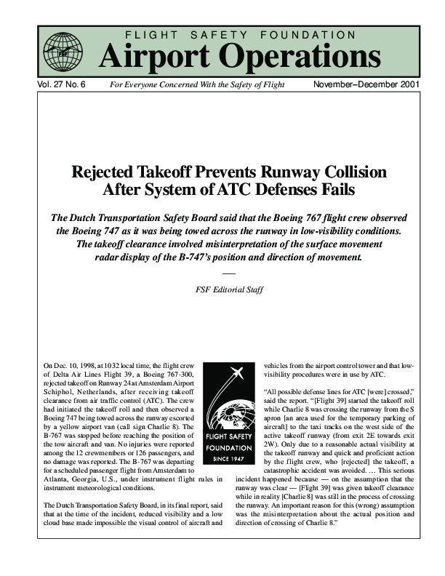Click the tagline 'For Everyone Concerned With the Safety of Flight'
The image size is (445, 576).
click(196, 85)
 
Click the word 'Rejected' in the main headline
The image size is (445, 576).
click(108, 173)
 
